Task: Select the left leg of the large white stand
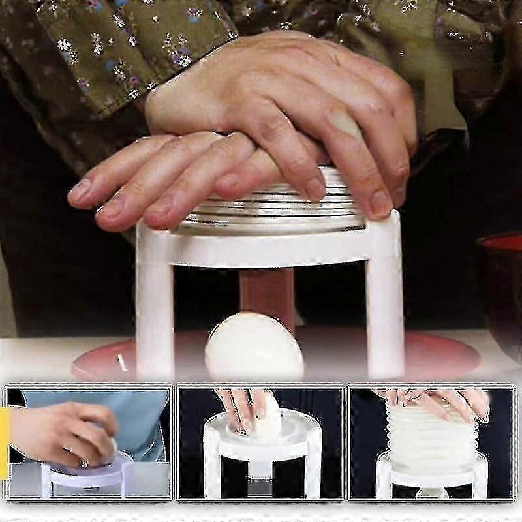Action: (154, 307)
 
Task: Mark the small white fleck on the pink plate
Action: (119, 363)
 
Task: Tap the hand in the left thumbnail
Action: (65, 434)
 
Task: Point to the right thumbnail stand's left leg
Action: (384, 480)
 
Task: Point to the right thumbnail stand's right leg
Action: (480, 480)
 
